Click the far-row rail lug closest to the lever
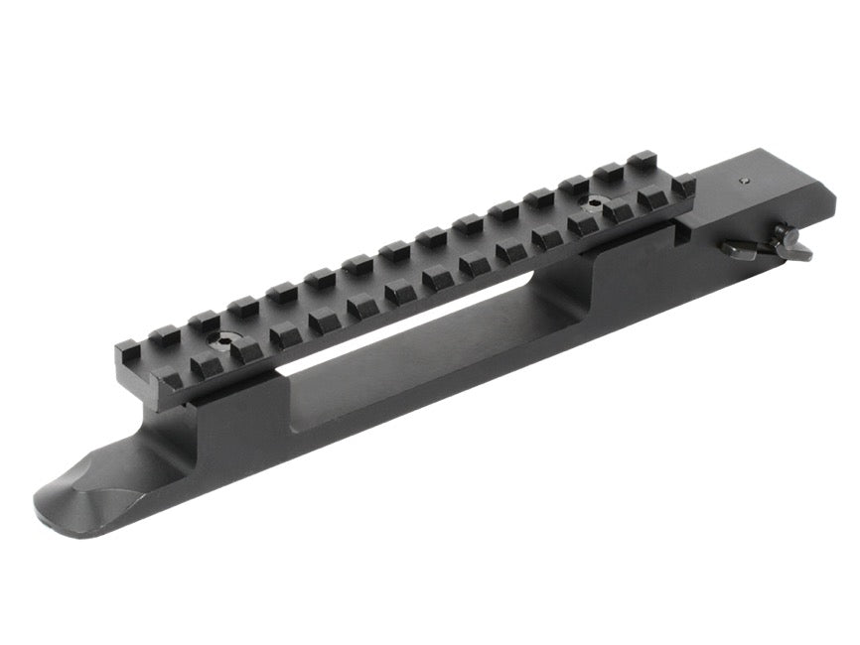click(x=643, y=159)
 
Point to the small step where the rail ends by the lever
click(x=685, y=234)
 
